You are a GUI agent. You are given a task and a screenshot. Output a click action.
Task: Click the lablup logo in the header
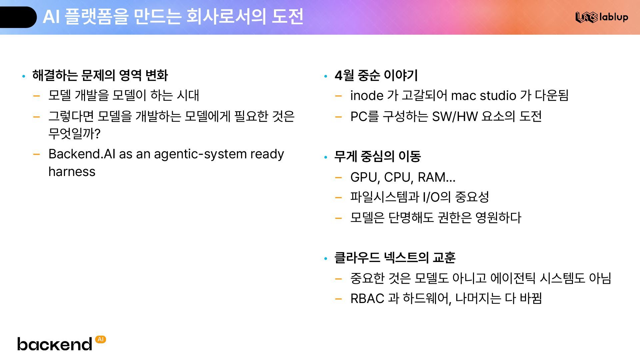602,17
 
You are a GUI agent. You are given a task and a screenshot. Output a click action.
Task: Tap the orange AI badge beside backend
101,339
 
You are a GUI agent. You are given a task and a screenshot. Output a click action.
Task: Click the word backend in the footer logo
55,344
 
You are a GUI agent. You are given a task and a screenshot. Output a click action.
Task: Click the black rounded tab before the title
17,17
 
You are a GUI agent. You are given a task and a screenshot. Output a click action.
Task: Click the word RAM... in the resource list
437,178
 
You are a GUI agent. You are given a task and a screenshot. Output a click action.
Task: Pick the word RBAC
367,299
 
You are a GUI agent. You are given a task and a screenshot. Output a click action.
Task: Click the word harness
72,172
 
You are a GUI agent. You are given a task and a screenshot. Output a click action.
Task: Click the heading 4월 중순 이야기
376,75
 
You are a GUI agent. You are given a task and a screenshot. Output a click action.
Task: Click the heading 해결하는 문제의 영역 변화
100,75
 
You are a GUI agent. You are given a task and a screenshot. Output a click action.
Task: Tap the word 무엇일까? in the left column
74,134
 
